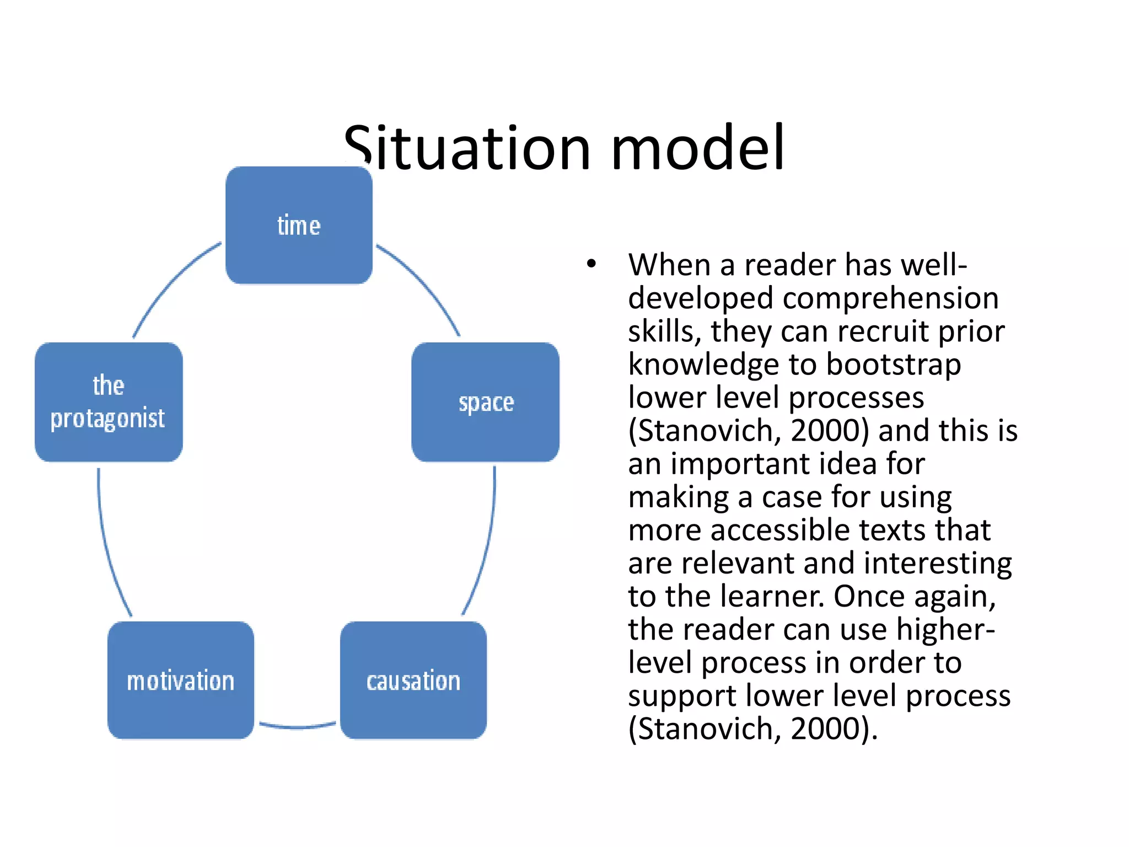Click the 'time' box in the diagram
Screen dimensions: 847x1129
pyautogui.click(x=299, y=225)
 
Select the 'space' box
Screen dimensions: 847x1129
pyautogui.click(x=486, y=402)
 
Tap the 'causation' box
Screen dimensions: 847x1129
pyautogui.click(x=413, y=680)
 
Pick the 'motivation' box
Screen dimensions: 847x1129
pyautogui.click(x=181, y=680)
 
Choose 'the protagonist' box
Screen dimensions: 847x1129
pyautogui.click(x=109, y=402)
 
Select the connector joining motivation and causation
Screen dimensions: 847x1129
pyautogui.click(x=298, y=727)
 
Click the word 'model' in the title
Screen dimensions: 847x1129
pyautogui.click(x=697, y=148)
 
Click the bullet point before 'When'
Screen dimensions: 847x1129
pyautogui.click(x=592, y=264)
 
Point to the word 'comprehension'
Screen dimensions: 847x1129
pyautogui.click(x=890, y=298)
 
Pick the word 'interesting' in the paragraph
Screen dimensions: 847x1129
pyautogui.click(x=937, y=564)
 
